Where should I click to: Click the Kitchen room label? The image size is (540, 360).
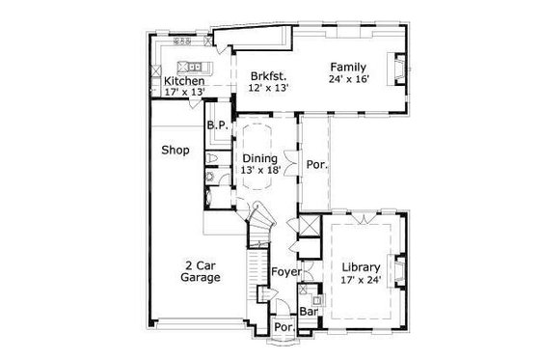(183, 82)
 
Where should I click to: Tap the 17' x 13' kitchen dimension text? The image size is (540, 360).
(183, 95)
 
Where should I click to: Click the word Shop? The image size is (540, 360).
(174, 150)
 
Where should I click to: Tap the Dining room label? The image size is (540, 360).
(260, 158)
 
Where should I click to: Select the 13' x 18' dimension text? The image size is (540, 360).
(260, 171)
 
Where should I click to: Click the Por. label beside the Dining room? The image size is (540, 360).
(316, 164)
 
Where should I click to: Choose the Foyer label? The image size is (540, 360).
(283, 271)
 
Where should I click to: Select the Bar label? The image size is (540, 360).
(310, 313)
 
